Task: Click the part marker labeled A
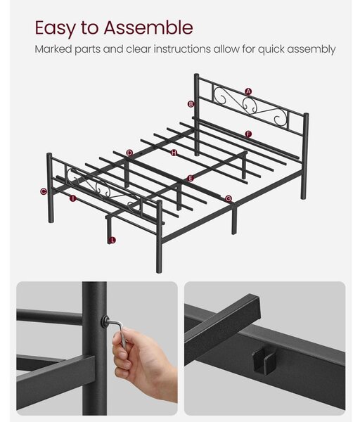pyautogui.click(x=248, y=91)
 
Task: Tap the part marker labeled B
pyautogui.click(x=191, y=104)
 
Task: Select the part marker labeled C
pyautogui.click(x=44, y=191)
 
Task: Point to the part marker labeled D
pyautogui.click(x=129, y=153)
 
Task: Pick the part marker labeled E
pyautogui.click(x=191, y=178)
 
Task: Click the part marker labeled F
pyautogui.click(x=248, y=134)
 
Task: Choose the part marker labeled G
pyautogui.click(x=228, y=199)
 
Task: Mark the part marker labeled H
pyautogui.click(x=174, y=153)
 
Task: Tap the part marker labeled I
pyautogui.click(x=73, y=198)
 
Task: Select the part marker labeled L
pyautogui.click(x=112, y=240)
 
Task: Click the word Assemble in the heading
pyautogui.click(x=148, y=27)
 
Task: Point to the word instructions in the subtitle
pyautogui.click(x=182, y=49)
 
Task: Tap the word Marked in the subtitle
pyautogui.click(x=53, y=49)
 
